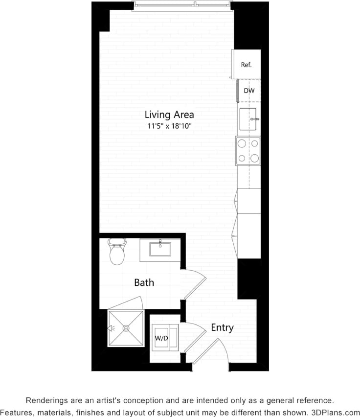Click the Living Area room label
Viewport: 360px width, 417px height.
(x=169, y=115)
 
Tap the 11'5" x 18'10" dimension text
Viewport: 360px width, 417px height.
(x=169, y=126)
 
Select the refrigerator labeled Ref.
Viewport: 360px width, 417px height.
(x=246, y=65)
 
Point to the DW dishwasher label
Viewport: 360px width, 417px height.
(x=249, y=91)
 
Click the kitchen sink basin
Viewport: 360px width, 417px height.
(x=247, y=119)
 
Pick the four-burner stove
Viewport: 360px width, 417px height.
(x=248, y=151)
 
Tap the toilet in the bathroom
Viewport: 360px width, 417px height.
(x=117, y=252)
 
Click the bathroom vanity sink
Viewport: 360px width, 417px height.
(x=159, y=250)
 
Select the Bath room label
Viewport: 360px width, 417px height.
(x=144, y=282)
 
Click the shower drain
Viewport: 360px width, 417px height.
(x=126, y=328)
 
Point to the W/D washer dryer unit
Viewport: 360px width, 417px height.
(x=162, y=338)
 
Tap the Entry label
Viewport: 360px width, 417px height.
(x=222, y=327)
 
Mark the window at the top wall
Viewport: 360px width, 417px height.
(x=181, y=5)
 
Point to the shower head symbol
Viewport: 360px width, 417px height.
(x=111, y=328)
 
